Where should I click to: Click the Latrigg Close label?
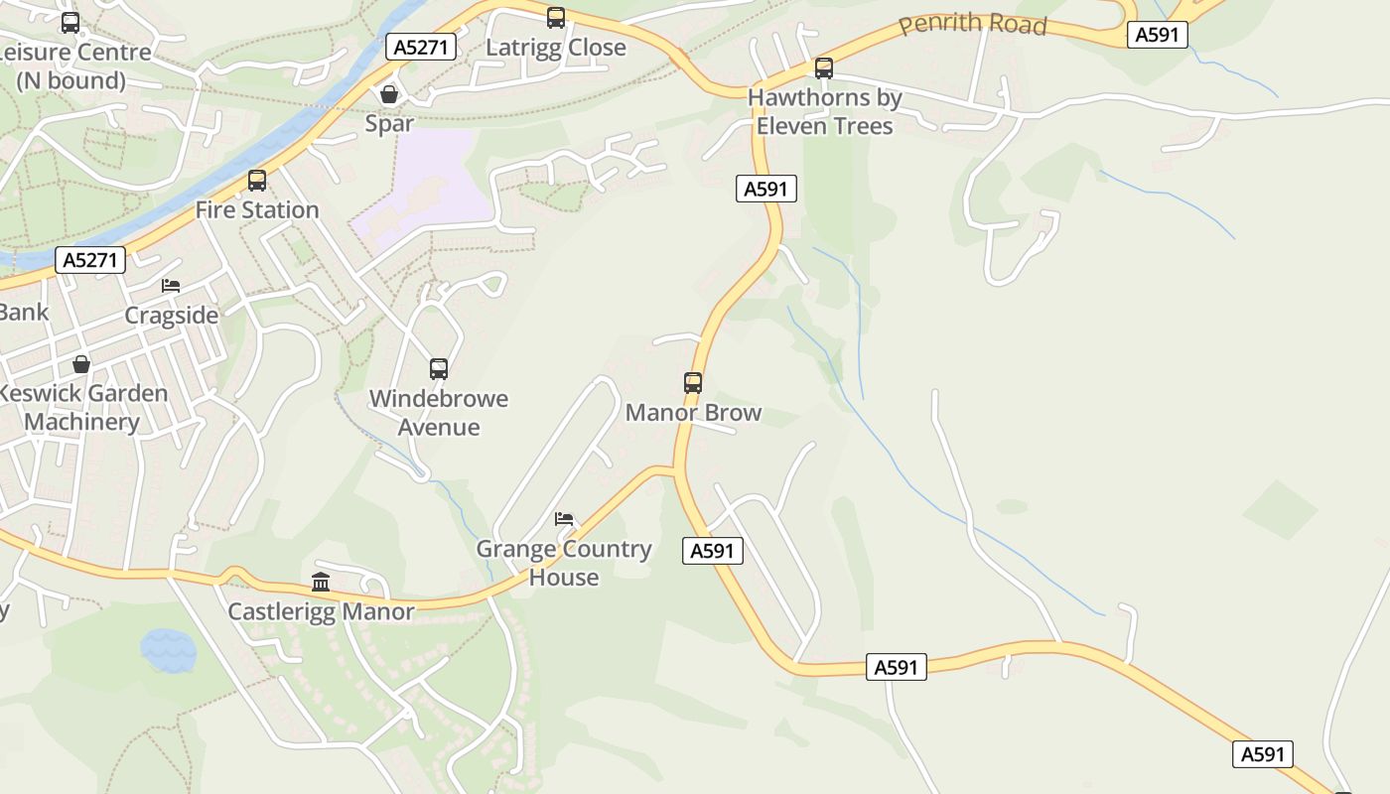(x=555, y=47)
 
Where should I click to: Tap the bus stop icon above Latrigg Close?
(x=556, y=17)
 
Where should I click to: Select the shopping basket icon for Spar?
(x=389, y=94)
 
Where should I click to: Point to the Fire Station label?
(x=257, y=209)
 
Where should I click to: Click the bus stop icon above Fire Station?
(x=257, y=181)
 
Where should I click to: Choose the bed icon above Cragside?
(x=171, y=286)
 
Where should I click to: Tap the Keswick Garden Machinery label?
(x=83, y=407)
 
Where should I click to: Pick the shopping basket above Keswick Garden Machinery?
(x=81, y=364)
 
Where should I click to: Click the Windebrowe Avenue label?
(x=438, y=412)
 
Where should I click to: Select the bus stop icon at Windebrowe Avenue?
(x=439, y=369)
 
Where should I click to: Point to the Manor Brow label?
(x=693, y=412)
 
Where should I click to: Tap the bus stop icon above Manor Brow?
(x=693, y=382)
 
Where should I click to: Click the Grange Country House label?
(x=564, y=563)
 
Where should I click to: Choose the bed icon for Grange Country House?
(x=564, y=519)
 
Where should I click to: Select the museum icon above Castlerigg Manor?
(x=321, y=582)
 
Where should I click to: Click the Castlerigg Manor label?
(x=321, y=610)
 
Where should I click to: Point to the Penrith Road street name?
(x=972, y=24)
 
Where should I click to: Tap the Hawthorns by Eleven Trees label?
(x=824, y=111)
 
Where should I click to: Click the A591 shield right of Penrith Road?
(x=1158, y=35)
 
